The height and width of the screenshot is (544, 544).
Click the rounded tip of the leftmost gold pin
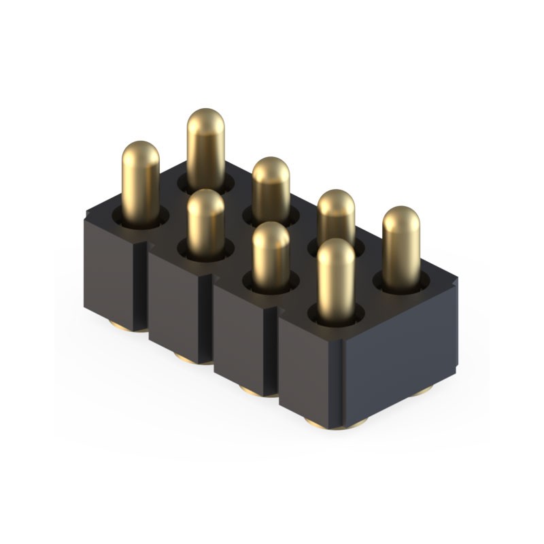point(141,151)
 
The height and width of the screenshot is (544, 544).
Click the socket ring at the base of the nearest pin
point(336,316)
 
